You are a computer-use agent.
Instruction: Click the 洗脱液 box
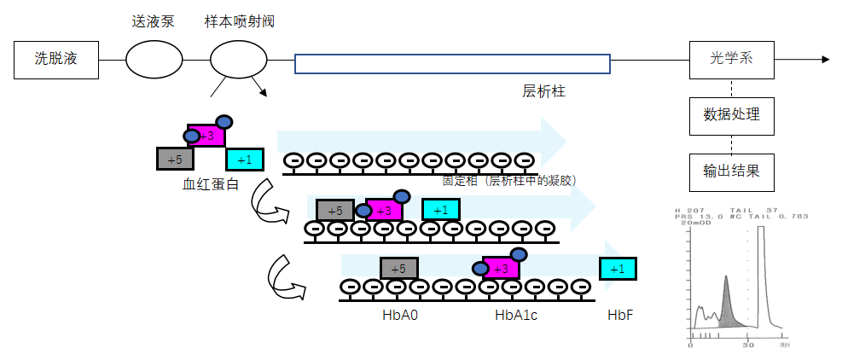[56, 60]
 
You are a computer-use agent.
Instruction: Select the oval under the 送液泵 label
[154, 60]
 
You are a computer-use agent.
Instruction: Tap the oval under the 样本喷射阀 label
[239, 60]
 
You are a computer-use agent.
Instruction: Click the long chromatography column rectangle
[452, 64]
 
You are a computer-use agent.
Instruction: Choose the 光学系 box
[731, 60]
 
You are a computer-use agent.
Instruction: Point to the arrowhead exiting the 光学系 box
[824, 60]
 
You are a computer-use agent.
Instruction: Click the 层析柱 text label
[543, 91]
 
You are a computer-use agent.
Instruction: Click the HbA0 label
[398, 316]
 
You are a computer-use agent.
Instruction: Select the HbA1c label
[514, 316]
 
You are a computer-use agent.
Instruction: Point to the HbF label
[620, 316]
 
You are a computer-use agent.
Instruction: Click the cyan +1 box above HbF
[617, 269]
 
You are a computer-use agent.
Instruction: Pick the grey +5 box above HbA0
[398, 269]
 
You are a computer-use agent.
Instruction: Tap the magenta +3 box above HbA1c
[501, 269]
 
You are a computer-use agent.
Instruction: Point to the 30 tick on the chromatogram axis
[747, 346]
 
